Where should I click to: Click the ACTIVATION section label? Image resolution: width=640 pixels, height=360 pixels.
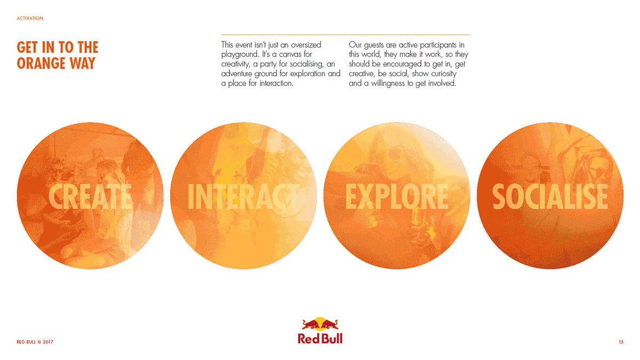[x=30, y=18]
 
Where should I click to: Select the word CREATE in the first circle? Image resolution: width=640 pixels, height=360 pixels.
[x=90, y=197]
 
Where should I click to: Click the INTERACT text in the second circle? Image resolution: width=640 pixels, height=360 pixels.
[x=243, y=197]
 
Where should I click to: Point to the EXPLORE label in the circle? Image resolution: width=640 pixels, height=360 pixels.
[x=397, y=197]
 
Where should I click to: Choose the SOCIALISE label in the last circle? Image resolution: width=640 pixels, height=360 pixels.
[x=550, y=197]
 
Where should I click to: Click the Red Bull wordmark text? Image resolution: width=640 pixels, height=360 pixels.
[x=320, y=339]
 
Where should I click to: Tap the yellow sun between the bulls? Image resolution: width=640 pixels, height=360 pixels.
[x=320, y=323]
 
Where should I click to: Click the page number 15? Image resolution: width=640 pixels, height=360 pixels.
[x=621, y=342]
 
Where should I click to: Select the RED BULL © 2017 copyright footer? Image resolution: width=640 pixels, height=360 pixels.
[x=35, y=342]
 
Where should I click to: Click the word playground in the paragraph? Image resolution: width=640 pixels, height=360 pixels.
[x=239, y=54]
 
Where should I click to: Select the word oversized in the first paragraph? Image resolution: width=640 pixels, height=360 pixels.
[x=306, y=45]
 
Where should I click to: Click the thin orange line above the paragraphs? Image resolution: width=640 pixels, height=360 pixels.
[x=346, y=35]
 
